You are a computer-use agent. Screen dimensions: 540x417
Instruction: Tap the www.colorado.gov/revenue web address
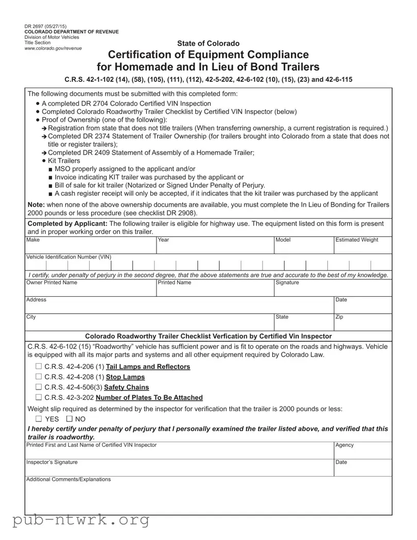pos(53,48)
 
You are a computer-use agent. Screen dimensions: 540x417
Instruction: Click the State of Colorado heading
pos(208,43)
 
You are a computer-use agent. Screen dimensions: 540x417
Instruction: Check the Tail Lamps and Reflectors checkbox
pos(39,367)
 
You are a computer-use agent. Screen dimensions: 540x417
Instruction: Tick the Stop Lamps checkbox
pos(39,377)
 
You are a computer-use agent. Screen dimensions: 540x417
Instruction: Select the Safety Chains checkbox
pos(39,387)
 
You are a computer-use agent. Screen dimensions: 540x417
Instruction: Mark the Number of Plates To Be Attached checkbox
pos(39,398)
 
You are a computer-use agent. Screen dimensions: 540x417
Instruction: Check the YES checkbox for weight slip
pos(39,419)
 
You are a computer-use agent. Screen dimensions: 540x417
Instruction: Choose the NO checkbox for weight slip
pos(69,419)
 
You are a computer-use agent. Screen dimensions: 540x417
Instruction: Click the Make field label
pos(32,240)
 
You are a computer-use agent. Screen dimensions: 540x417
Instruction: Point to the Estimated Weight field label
pos(356,240)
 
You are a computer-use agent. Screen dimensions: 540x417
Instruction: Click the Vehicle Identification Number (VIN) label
pos(68,257)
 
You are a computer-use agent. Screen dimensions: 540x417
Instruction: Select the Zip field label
pos(339,317)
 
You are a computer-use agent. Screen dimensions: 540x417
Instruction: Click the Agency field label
pos(344,445)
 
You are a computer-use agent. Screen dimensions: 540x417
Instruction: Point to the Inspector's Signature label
pos(52,462)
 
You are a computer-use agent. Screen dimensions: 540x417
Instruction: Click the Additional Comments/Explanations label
pos(68,479)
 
